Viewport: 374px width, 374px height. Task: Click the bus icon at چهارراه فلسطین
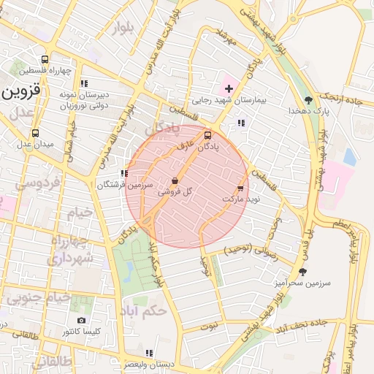(x=45, y=60)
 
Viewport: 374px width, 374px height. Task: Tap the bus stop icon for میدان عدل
(x=35, y=134)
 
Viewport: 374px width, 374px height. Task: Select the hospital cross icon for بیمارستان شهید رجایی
(x=229, y=88)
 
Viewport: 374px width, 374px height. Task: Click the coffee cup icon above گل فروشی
(x=175, y=180)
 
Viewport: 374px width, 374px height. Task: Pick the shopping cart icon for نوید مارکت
(x=240, y=188)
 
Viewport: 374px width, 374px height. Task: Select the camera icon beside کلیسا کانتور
(x=81, y=321)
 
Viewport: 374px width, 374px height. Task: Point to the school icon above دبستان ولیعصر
(x=149, y=353)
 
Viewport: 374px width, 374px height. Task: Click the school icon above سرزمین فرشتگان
(x=124, y=174)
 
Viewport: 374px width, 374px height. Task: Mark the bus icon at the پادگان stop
(x=208, y=135)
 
